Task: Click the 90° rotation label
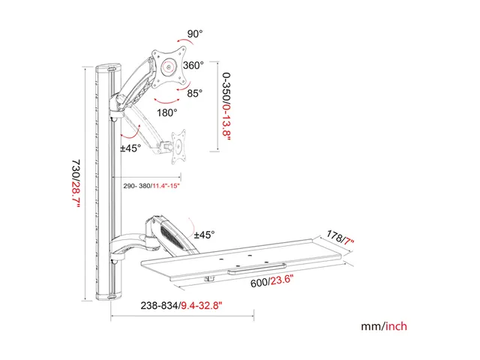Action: coord(195,34)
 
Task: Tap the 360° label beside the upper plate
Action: coord(193,65)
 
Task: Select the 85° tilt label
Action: coord(195,93)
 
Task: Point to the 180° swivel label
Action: coord(167,112)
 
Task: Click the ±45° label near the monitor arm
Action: coord(130,148)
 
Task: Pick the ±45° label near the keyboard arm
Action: coord(205,235)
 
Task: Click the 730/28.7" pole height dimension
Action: coord(76,184)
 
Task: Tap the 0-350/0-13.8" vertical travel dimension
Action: coord(226,106)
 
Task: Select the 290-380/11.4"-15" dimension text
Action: coord(151,186)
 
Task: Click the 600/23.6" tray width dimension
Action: coord(271,281)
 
